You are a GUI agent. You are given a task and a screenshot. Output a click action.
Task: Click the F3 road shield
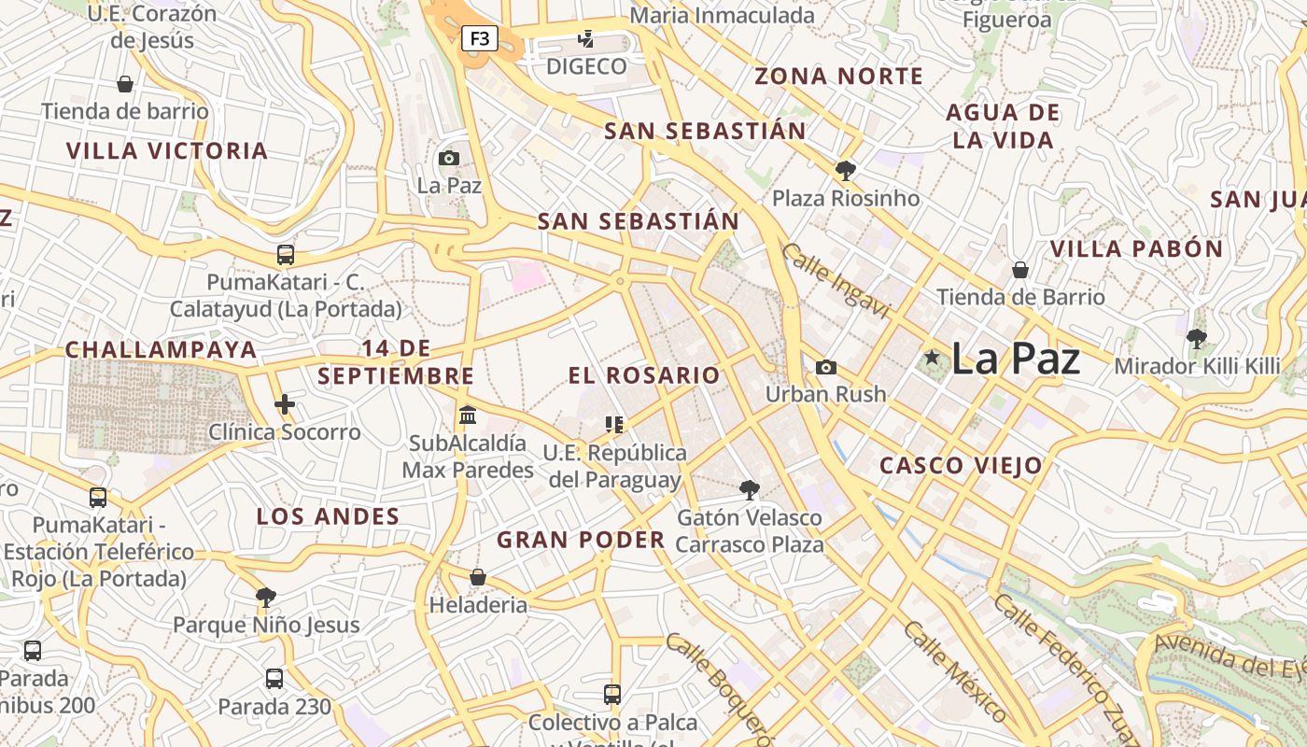coord(479,39)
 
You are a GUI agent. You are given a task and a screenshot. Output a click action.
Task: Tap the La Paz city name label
coord(1016,359)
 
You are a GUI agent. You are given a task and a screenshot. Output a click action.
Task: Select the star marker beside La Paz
coord(931,357)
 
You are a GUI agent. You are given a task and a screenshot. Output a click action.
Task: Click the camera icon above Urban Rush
coord(825,367)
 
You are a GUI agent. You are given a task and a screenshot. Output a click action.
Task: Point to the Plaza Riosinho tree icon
coord(846,170)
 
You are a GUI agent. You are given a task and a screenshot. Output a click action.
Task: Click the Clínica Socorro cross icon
coord(285,404)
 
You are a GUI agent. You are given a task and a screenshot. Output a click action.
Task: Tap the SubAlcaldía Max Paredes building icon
coord(468,414)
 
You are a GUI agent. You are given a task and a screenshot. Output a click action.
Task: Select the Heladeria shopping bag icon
coord(478,577)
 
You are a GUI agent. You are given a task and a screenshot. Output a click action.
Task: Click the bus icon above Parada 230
coord(274,679)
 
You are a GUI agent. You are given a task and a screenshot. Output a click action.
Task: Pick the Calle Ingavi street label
coord(836,281)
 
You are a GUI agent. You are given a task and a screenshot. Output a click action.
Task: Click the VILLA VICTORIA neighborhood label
coord(167,150)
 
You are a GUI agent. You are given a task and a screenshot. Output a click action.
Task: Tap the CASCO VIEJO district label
coord(962,465)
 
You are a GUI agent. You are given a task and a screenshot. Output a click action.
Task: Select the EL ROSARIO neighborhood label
coord(644,375)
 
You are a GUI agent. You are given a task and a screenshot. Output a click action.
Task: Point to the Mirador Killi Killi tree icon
coord(1196,338)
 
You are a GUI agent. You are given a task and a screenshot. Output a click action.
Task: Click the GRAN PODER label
coord(581,540)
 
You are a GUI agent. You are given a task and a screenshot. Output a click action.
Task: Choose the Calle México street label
coord(955,670)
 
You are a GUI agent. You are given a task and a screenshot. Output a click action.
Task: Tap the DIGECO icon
coord(586,39)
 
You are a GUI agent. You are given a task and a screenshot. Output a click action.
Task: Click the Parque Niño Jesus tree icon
coord(266,597)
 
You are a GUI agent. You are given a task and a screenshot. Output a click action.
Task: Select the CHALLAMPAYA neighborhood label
coord(161,350)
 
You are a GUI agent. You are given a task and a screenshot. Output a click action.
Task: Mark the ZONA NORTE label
coord(838,77)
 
